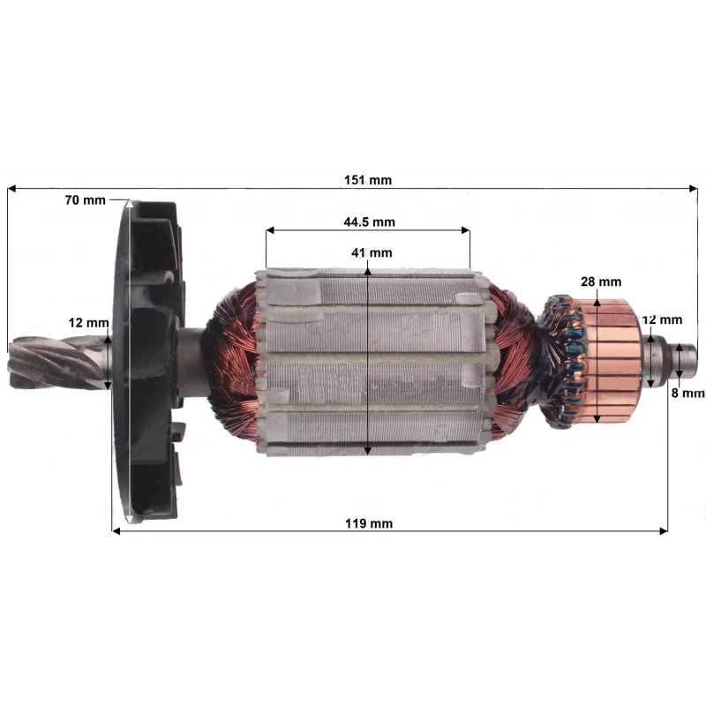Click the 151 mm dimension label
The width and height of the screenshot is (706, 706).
click(368, 180)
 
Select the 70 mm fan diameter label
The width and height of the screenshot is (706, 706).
click(85, 200)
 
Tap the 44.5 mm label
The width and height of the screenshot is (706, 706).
click(369, 222)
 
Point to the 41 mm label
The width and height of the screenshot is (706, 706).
click(372, 252)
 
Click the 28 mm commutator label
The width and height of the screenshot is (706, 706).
click(601, 282)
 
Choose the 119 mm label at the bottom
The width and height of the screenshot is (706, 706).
click(369, 523)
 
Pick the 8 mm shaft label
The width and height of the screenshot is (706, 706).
click(688, 393)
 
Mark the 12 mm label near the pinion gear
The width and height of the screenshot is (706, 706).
click(89, 323)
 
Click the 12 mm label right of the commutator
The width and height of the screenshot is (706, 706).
click(663, 319)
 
